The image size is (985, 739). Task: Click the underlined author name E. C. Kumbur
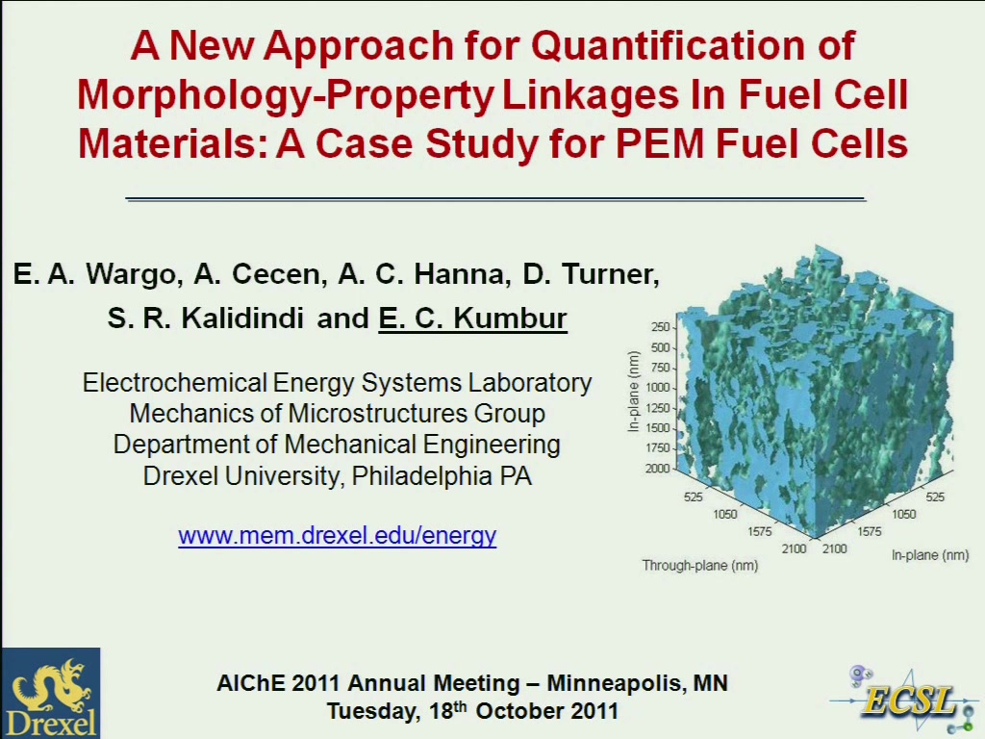[472, 318]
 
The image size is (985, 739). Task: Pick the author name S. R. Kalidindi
[206, 318]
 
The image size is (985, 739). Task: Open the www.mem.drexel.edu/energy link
[338, 535]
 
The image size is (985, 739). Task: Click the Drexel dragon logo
[50, 693]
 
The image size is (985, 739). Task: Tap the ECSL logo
[904, 699]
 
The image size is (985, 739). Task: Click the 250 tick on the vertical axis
[660, 327]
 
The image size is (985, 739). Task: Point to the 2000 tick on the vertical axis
[657, 469]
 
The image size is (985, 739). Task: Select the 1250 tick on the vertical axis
[657, 408]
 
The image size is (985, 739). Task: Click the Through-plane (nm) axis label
[700, 566]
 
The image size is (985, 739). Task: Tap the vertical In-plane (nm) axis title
[633, 391]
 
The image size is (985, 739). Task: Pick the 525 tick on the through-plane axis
[693, 497]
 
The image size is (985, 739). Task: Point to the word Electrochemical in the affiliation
[175, 383]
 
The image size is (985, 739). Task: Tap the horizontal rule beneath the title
[495, 198]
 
